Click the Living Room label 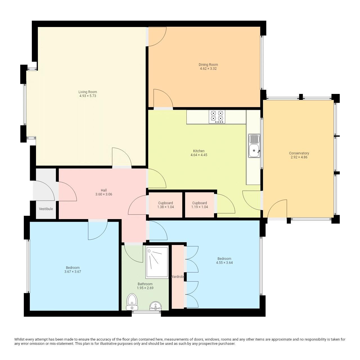(x=88, y=92)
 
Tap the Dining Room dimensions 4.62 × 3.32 (x=208, y=69)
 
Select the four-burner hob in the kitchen (x=217, y=116)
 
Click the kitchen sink (x=254, y=146)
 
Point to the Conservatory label (x=299, y=153)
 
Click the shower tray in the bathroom (x=157, y=262)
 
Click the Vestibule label (x=46, y=209)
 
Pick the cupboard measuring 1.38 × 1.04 (x=165, y=205)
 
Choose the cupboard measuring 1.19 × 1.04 (x=199, y=205)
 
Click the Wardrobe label (x=178, y=277)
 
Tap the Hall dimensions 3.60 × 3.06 (x=104, y=194)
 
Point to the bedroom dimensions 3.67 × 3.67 (x=73, y=272)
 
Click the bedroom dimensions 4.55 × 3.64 (x=224, y=263)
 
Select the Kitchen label (x=199, y=151)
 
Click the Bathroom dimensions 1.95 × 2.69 (x=145, y=288)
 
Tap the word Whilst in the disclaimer (x=20, y=339)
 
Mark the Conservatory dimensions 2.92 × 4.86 (x=299, y=157)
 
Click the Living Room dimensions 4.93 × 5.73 (x=88, y=96)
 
